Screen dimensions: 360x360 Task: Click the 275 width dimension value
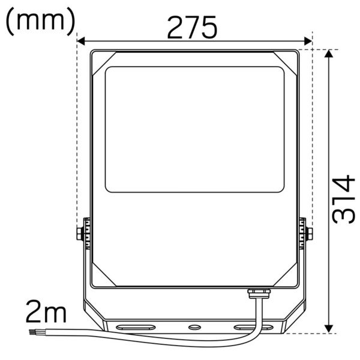[191, 27]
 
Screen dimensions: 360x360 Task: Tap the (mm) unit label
[40, 20]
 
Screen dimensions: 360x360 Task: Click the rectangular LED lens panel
[194, 129]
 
